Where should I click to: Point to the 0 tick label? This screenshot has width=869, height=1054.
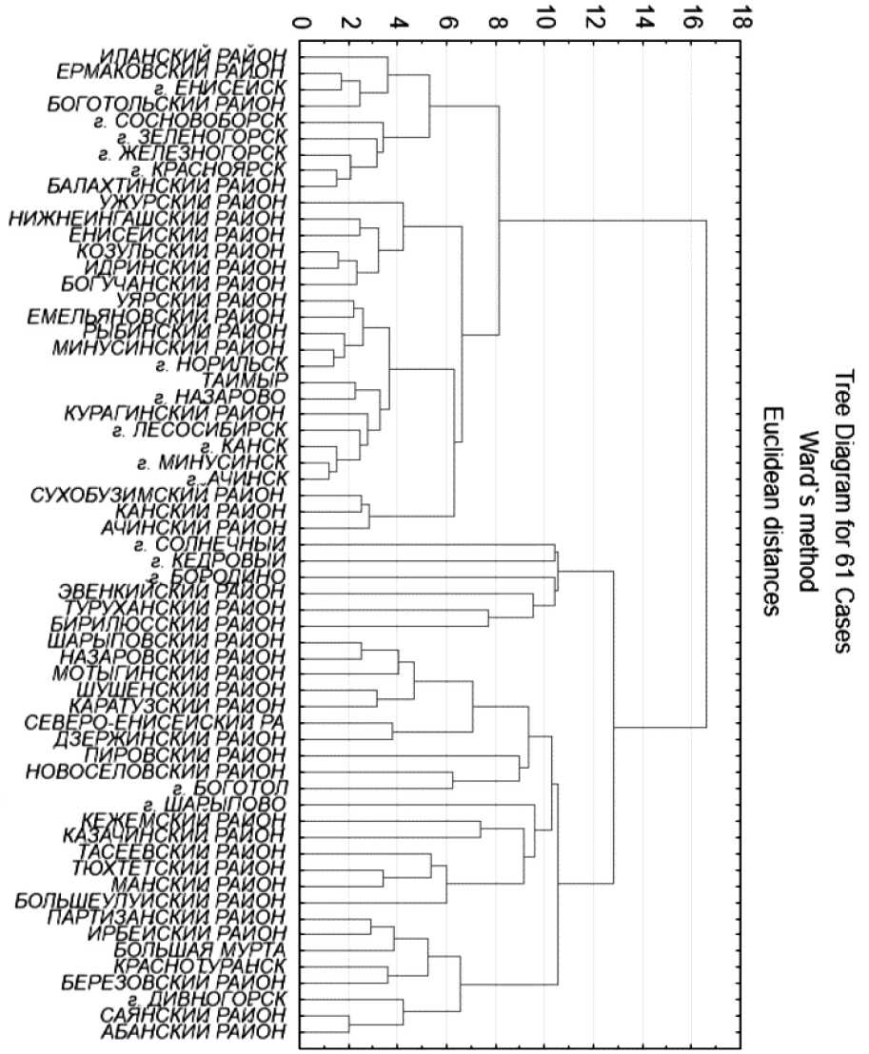click(303, 19)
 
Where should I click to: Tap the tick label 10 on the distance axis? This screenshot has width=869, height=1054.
click(545, 19)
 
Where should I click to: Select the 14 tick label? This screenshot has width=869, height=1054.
click(642, 19)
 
